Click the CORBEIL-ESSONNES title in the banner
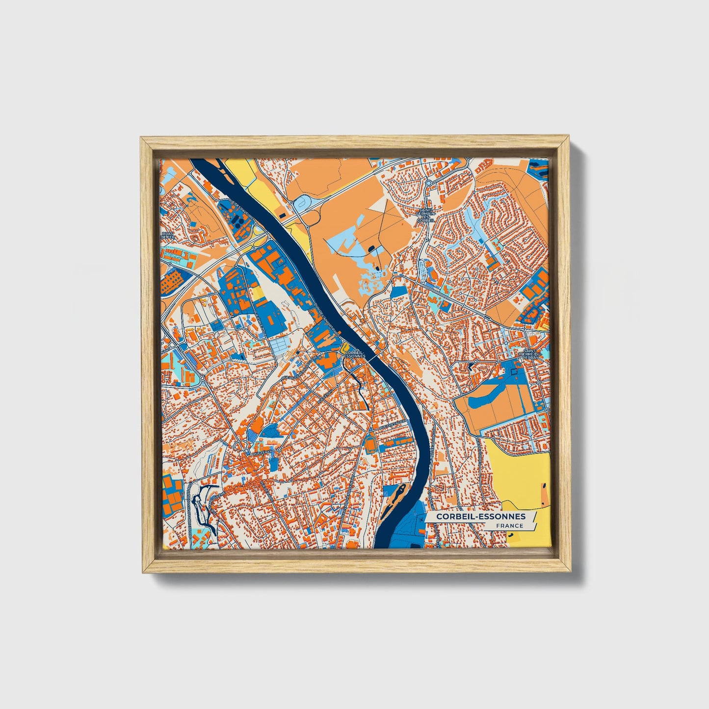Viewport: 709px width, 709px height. click(x=480, y=516)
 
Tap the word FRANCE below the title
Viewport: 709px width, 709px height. click(x=509, y=526)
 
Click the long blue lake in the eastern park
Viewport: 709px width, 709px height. click(x=486, y=395)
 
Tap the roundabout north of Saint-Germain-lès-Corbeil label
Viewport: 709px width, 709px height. click(x=428, y=183)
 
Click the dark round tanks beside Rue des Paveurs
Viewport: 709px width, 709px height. click(x=239, y=220)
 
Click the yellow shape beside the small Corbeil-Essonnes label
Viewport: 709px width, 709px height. click(x=342, y=350)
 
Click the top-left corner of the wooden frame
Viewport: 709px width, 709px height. click(x=142, y=139)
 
